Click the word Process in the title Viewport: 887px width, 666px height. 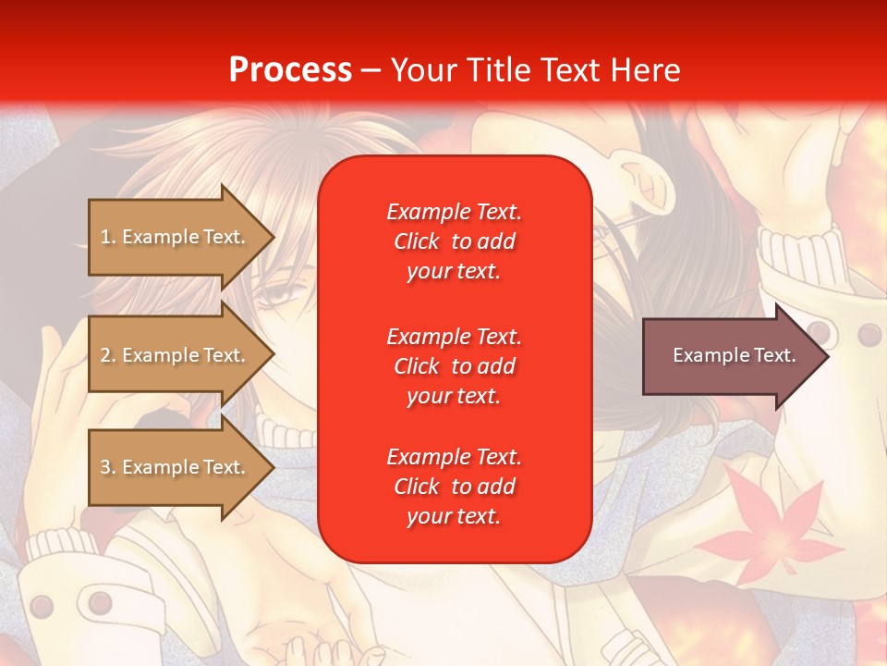[290, 70]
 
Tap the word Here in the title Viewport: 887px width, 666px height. [643, 70]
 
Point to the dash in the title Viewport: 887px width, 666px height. [371, 71]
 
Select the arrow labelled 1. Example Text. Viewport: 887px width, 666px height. [176, 237]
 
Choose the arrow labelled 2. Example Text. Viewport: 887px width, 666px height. [176, 355]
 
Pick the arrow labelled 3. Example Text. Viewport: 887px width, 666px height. [176, 467]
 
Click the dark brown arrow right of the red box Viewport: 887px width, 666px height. [730, 355]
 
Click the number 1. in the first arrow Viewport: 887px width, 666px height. [108, 237]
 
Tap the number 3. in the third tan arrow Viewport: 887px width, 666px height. [108, 467]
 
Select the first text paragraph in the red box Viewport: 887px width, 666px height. [454, 241]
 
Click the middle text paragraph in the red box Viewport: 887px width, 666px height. [454, 366]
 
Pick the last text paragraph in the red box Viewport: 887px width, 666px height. [454, 487]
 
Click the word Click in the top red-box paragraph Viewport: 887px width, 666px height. [417, 241]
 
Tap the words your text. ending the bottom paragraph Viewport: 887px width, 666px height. [454, 516]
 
